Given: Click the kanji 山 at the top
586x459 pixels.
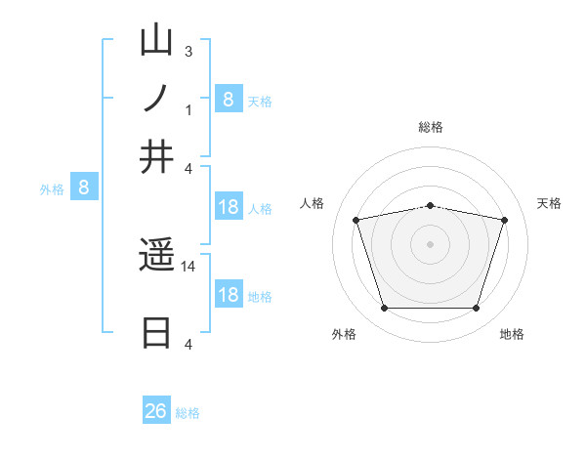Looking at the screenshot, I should pos(156,40).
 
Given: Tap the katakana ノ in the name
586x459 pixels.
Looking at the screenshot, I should pos(156,99).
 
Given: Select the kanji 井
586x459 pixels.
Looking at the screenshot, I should pos(156,157).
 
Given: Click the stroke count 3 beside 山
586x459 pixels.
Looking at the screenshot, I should pos(188,50).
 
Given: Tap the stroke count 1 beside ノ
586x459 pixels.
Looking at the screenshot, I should pos(188,109).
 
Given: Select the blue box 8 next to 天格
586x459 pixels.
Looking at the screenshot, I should pos(228,99).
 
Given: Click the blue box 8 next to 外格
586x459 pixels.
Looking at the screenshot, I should pos(84,188).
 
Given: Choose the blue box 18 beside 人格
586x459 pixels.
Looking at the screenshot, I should pos(229,207).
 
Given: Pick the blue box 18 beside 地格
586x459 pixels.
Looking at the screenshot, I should pos(229,295).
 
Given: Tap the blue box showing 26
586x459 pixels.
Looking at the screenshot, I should pos(156,411).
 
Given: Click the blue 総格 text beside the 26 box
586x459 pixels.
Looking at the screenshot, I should pos(188,413).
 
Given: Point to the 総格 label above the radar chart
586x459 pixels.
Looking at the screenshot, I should pos(431,127).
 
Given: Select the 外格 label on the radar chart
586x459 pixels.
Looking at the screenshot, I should pos(343,334).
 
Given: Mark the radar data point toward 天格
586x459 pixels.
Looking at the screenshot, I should pos(504,220).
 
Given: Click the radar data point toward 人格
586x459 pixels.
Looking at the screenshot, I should pos(356,220).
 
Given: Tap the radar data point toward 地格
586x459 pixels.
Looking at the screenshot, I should pos(476,309).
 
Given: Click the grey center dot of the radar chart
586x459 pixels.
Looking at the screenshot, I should pos(431,244).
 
